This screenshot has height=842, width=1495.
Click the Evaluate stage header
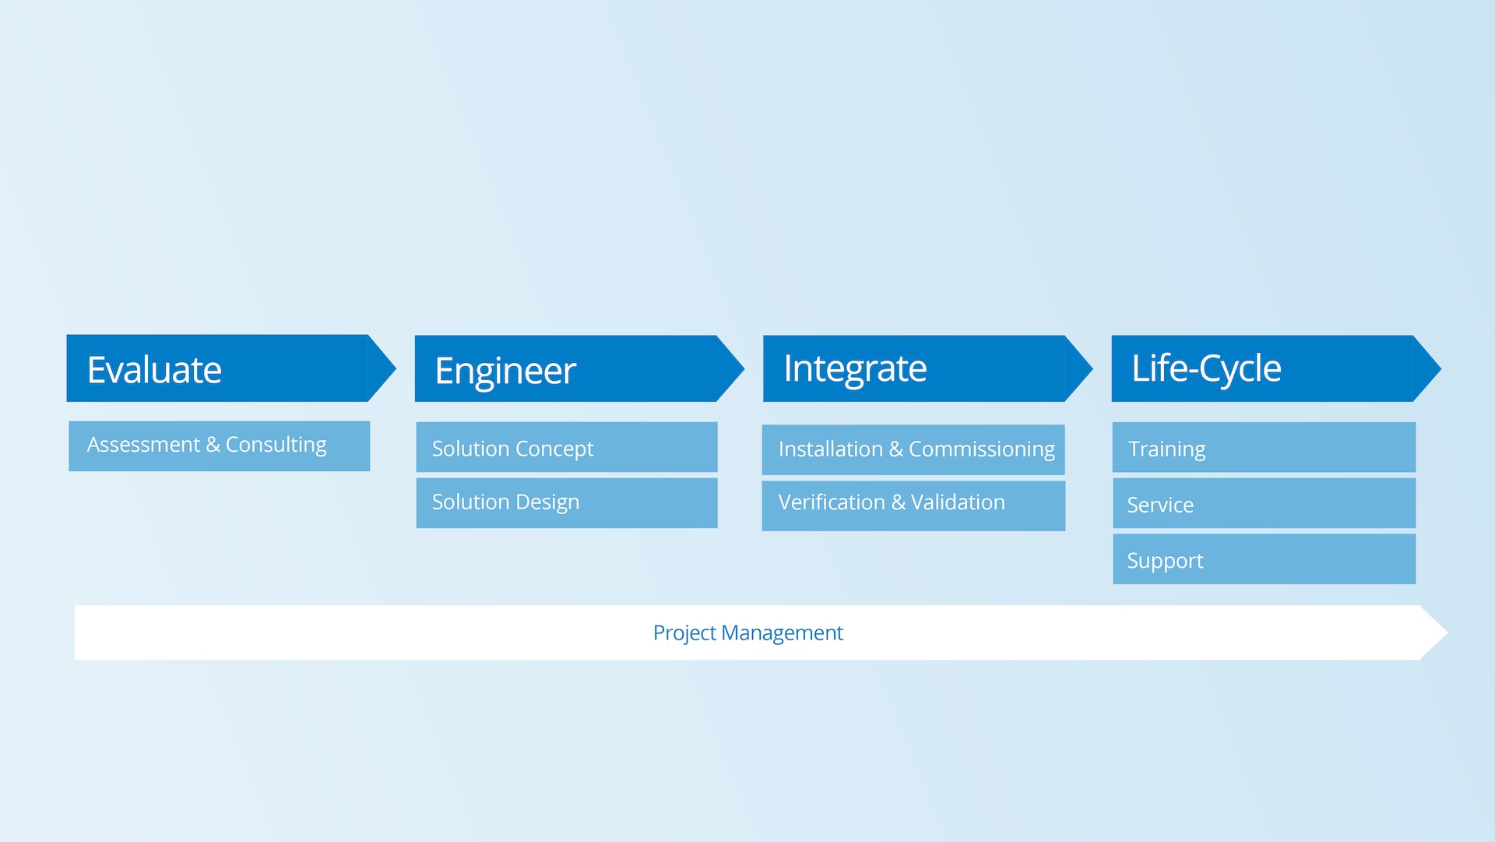point(231,368)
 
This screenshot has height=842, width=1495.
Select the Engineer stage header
point(579,368)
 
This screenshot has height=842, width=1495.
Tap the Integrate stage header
point(927,368)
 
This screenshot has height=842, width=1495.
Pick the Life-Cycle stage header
point(1276,368)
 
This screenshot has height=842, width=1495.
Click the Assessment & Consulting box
point(220,446)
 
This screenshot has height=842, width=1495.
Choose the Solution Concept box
point(567,447)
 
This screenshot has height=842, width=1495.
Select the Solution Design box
point(567,503)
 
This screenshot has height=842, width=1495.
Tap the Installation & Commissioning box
point(913,449)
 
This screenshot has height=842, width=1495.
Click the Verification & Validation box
point(913,506)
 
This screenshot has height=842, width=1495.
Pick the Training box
point(1264,447)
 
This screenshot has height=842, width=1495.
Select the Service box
point(1264,503)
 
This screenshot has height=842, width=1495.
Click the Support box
point(1264,558)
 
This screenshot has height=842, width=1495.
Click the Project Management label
point(747,633)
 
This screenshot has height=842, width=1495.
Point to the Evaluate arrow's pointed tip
point(396,368)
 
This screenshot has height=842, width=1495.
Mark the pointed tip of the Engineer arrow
point(744,368)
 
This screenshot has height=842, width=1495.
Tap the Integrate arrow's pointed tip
point(1092,368)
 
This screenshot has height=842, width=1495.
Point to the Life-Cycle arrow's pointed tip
point(1440,368)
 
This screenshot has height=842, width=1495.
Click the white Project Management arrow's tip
point(1447,632)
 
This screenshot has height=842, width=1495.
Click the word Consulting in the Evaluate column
point(276,445)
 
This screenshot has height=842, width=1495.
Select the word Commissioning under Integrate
point(982,449)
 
